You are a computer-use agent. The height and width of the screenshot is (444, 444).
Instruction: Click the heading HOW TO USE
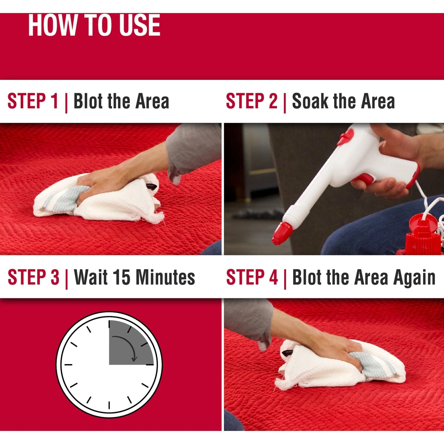click(x=94, y=25)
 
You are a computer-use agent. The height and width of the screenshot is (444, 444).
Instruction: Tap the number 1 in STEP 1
click(x=54, y=101)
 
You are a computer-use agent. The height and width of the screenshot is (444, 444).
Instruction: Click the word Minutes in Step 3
click(x=165, y=277)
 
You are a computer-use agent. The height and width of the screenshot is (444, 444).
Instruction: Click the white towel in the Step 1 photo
click(x=98, y=198)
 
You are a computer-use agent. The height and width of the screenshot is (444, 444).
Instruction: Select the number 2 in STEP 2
click(x=273, y=101)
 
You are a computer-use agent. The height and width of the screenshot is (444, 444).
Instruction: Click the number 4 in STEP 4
click(x=274, y=277)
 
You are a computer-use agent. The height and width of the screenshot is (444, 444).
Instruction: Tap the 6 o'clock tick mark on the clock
click(x=109, y=405)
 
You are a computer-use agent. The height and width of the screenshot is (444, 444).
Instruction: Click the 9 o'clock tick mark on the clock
click(x=68, y=365)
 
